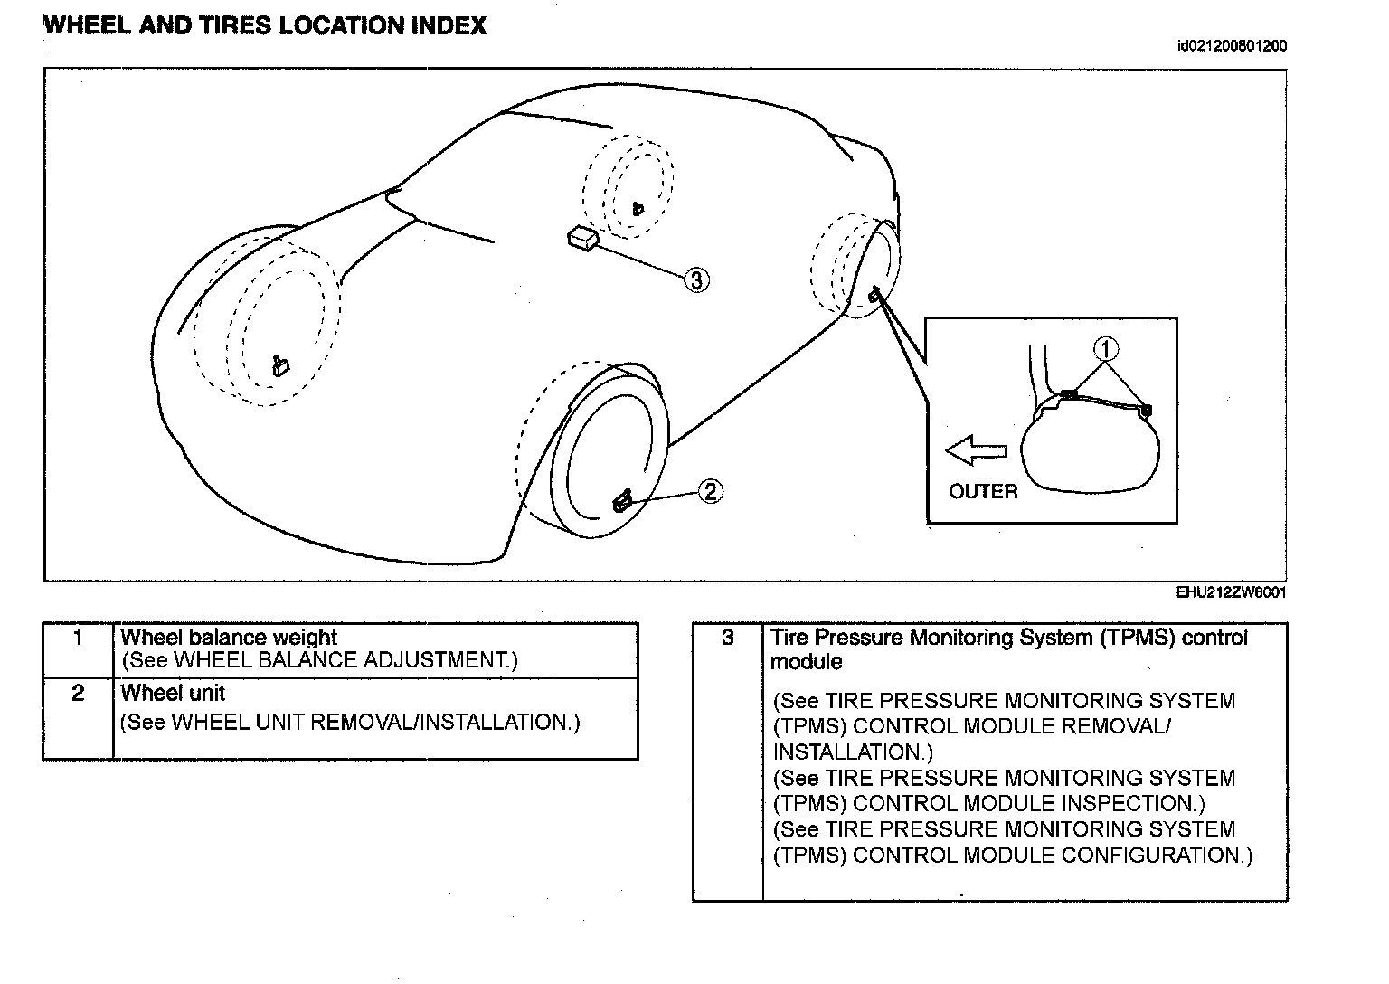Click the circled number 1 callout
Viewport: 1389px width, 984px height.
pos(1106,348)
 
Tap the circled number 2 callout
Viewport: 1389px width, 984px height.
pos(710,491)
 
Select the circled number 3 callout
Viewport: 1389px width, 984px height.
pos(694,280)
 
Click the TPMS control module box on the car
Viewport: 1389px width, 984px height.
pos(581,237)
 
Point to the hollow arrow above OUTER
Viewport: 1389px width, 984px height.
pos(976,449)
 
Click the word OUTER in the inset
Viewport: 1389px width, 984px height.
pos(983,492)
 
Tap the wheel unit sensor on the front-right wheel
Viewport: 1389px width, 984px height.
pos(623,500)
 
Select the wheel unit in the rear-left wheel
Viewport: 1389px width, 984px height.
pos(638,209)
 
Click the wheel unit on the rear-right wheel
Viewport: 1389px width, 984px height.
pos(874,295)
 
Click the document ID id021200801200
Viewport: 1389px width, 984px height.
pos(1232,46)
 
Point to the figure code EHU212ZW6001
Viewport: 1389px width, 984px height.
pos(1231,593)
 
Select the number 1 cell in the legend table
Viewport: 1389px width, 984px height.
pos(78,639)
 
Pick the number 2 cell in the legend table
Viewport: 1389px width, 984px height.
pos(78,693)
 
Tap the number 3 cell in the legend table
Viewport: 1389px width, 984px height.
pos(728,639)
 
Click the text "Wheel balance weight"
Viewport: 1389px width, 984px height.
pos(229,638)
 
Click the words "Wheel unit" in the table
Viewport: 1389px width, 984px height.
pos(173,694)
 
